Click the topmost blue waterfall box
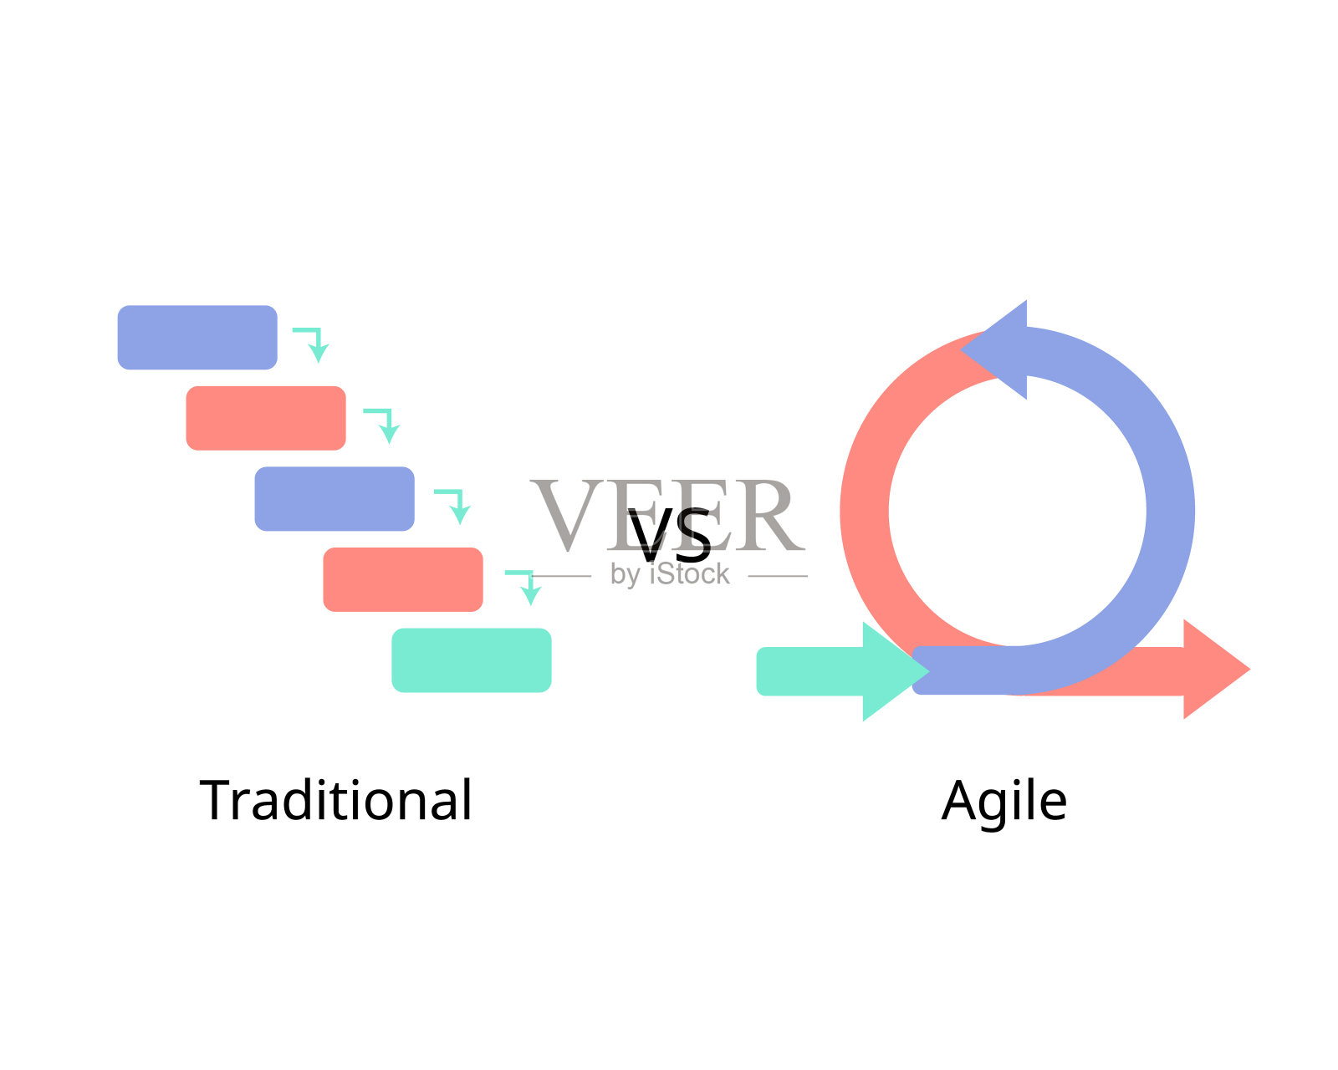[x=197, y=337]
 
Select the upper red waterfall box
[x=266, y=418]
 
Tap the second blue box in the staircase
[x=334, y=499]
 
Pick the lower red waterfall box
[x=403, y=579]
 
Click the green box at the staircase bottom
[x=472, y=660]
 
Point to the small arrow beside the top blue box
[x=312, y=343]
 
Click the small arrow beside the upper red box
[x=383, y=424]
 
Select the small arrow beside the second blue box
[x=454, y=504]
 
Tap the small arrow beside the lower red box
[x=524, y=585]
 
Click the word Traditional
[x=336, y=800]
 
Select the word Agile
[x=1004, y=802]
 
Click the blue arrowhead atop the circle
[x=999, y=349]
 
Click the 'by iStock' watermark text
[x=670, y=574]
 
